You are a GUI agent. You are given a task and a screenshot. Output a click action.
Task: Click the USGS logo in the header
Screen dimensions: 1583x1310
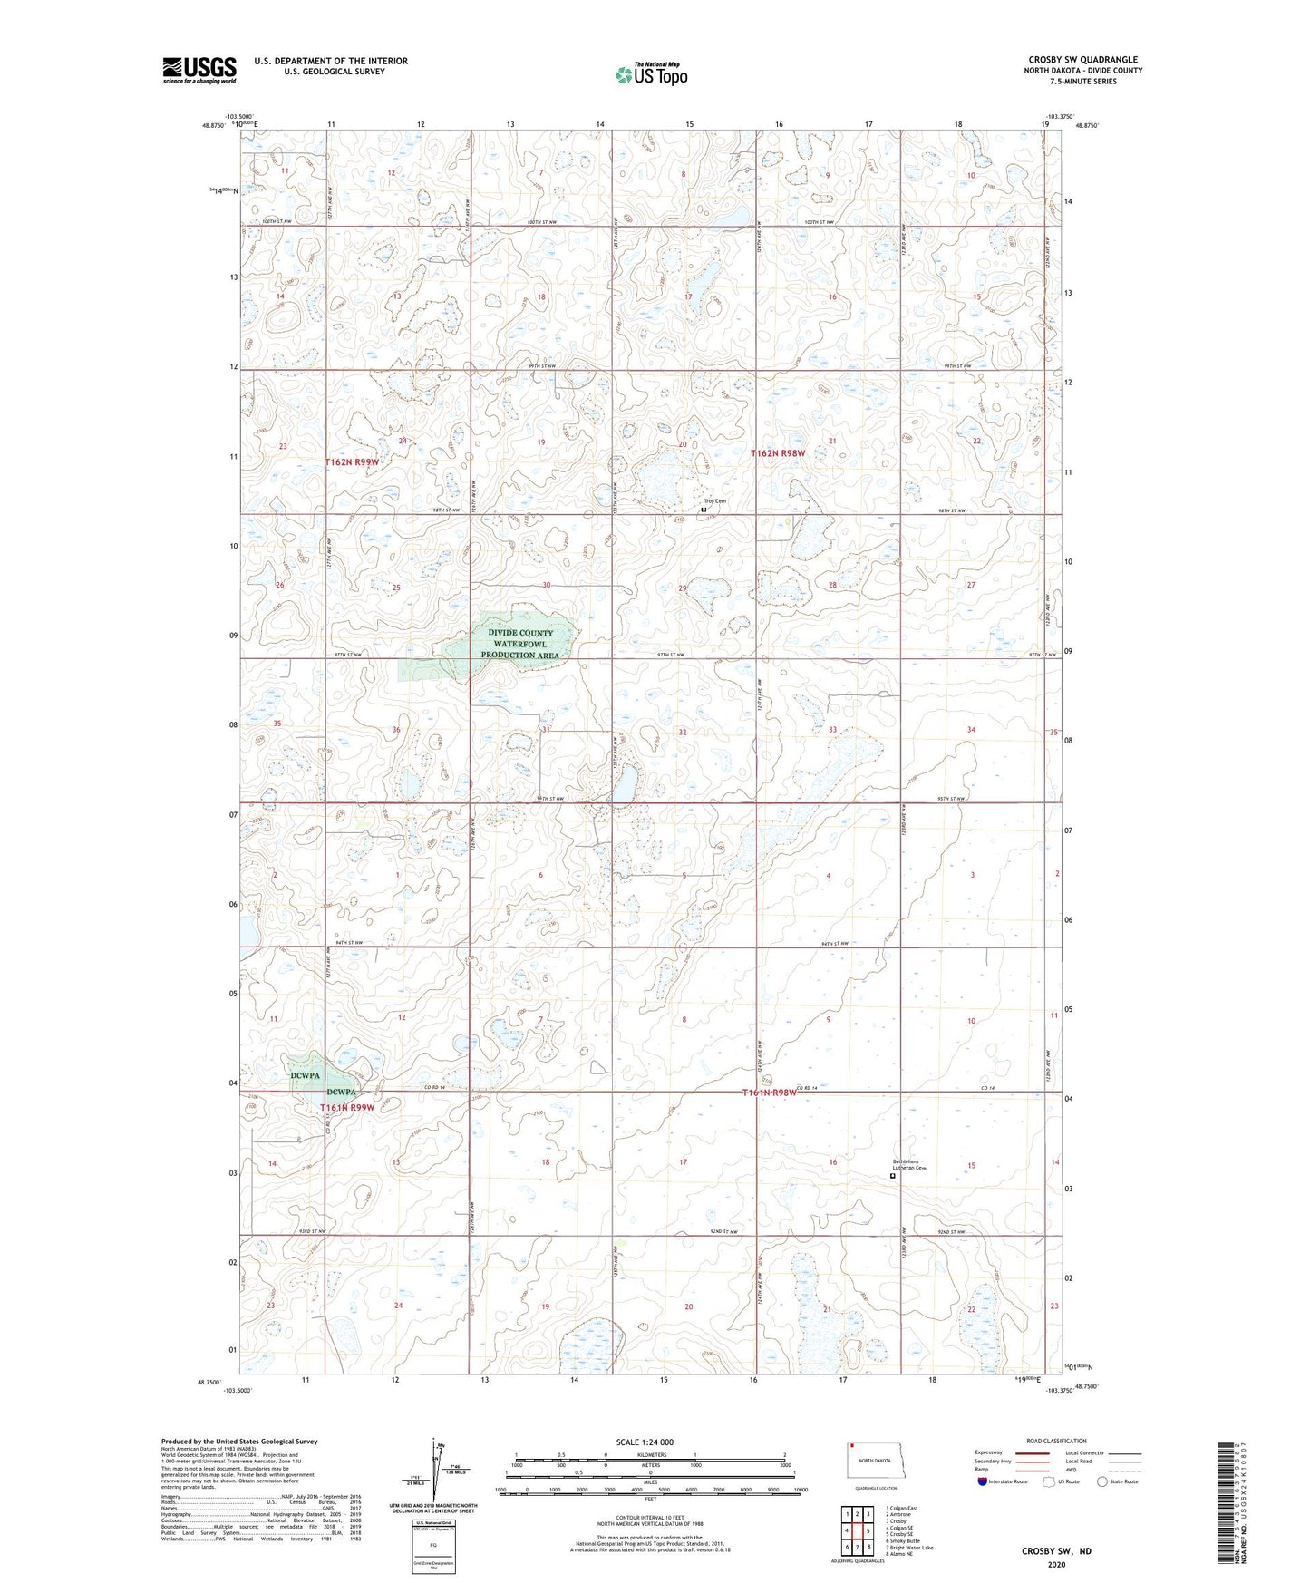point(199,70)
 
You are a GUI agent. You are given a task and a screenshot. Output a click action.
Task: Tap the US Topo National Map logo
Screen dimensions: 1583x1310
point(651,74)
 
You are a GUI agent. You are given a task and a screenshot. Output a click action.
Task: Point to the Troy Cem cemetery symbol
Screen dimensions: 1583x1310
point(704,510)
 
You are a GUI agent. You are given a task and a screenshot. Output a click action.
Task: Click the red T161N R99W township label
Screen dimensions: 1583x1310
point(346,1108)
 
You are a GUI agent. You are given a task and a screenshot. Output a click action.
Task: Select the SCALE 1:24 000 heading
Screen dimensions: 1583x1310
point(645,1442)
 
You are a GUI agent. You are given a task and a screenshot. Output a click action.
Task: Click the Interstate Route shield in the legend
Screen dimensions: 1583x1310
point(984,1481)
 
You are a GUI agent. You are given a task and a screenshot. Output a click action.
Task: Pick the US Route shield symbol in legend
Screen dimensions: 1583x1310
point(1050,1481)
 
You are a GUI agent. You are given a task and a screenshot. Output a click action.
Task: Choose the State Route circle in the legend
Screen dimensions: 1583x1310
point(1102,1481)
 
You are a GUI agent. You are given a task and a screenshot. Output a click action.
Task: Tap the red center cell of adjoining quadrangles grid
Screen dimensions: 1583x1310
point(858,1530)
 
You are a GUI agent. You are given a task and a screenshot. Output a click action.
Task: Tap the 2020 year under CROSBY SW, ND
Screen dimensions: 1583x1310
point(1056,1564)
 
